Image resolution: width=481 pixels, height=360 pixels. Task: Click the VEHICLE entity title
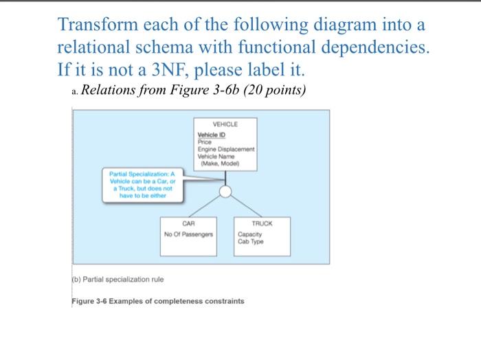[x=225, y=125]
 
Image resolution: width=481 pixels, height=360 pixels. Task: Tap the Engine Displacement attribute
[x=225, y=148]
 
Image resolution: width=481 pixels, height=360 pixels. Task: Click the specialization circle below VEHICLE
[x=225, y=191]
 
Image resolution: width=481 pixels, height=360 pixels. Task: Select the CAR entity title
[x=188, y=224]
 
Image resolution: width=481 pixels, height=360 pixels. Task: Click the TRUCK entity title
[x=262, y=224]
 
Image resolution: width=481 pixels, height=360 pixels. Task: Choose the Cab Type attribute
[x=249, y=242]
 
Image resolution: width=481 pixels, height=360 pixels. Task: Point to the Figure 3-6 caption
[x=157, y=302]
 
